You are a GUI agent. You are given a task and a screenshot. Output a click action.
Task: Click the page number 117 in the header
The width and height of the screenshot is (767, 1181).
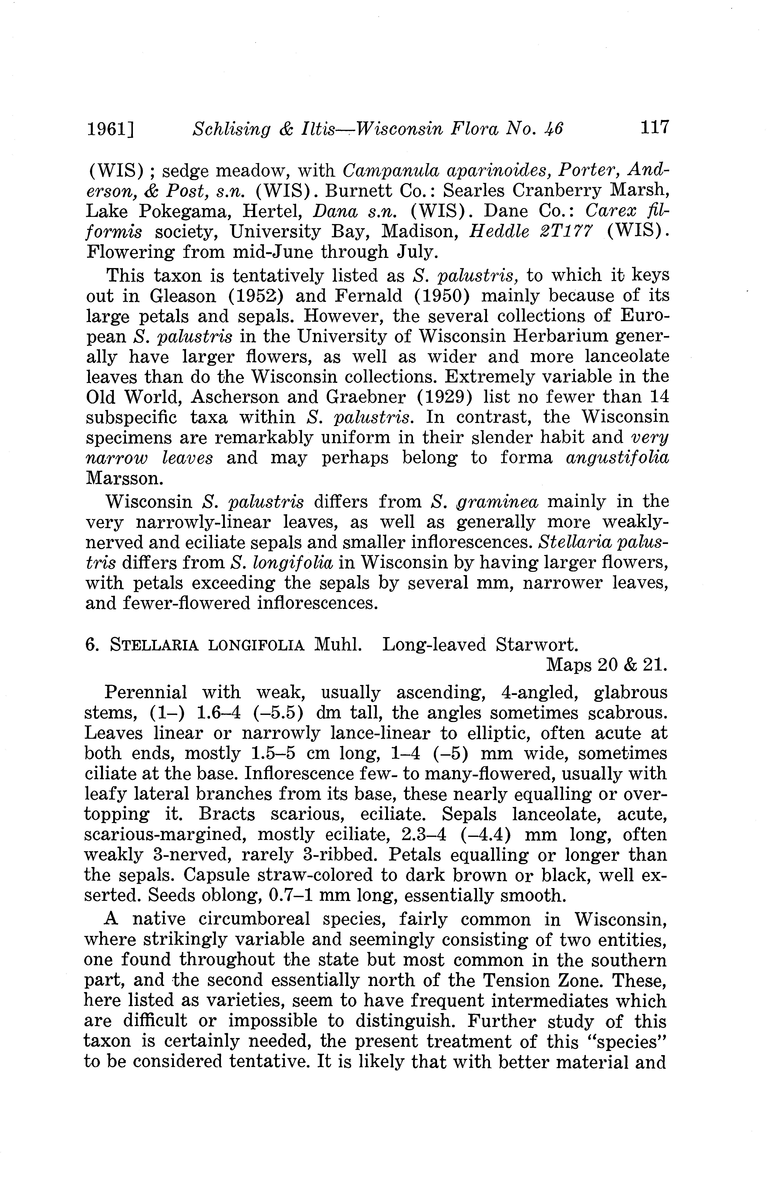coord(654,128)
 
